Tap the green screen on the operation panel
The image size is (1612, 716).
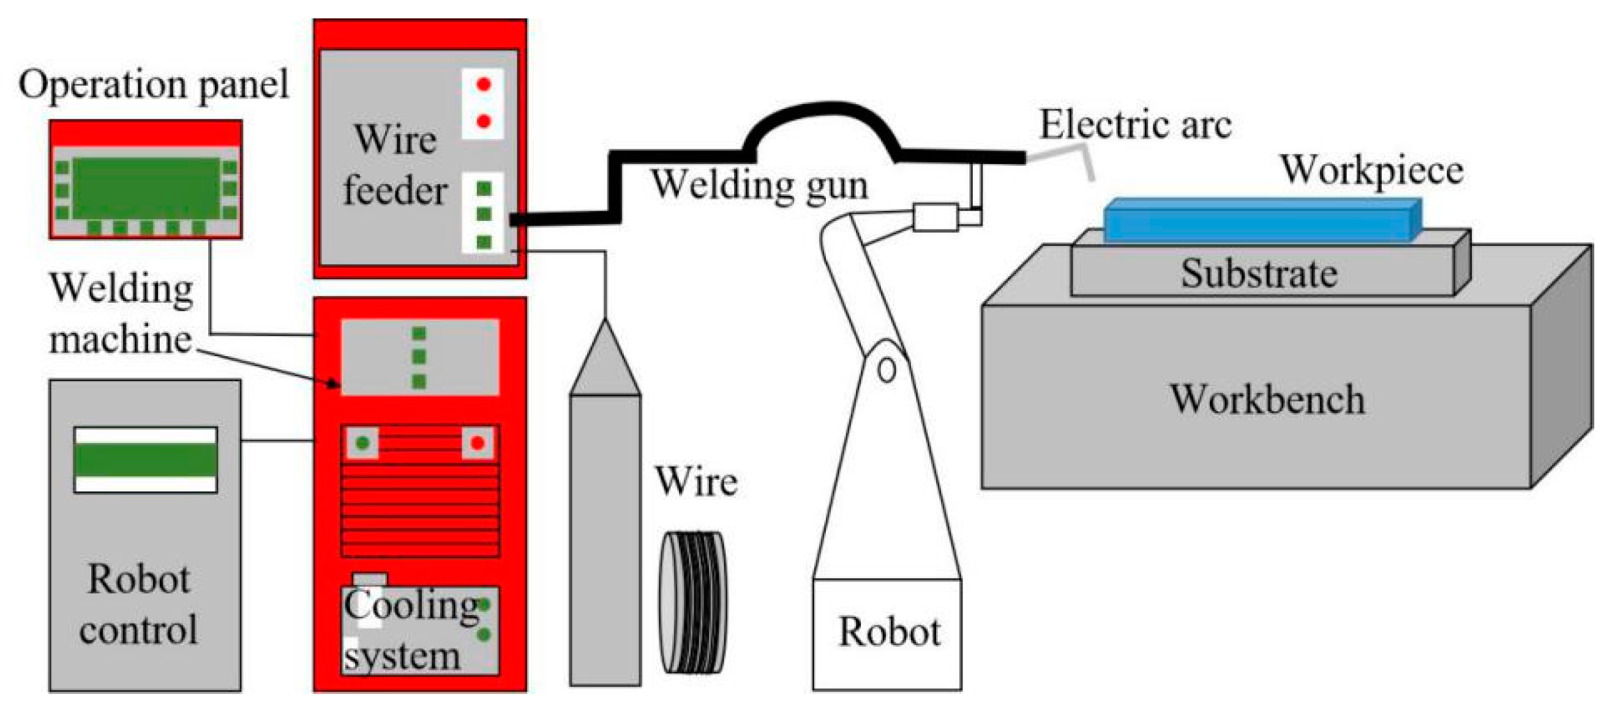coord(146,188)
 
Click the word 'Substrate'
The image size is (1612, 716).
coord(1259,274)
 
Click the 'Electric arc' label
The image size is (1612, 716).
coord(1135,125)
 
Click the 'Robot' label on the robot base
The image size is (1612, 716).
coord(888,632)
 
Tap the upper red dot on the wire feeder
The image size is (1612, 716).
coord(483,84)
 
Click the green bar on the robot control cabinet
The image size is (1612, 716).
coord(146,460)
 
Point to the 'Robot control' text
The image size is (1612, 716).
coord(139,604)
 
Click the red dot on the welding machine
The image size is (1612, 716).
coord(478,443)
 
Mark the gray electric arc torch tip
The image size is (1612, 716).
coord(1064,156)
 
